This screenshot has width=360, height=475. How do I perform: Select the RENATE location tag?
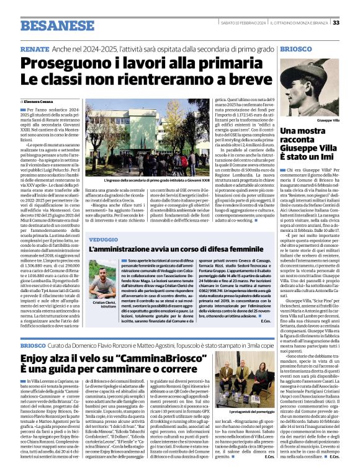(35, 48)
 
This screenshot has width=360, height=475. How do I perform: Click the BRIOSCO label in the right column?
(297, 48)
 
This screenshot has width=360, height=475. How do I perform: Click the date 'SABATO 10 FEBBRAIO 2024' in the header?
(243, 23)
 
